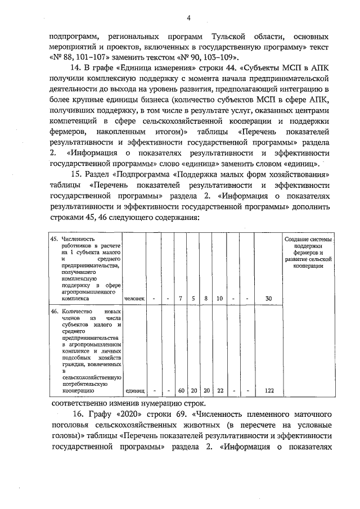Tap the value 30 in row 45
tap(269, 298)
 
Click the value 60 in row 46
tap(181, 390)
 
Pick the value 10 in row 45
tap(219, 298)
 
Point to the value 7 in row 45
tap(181, 298)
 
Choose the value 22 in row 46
tap(219, 390)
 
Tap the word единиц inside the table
tap(135, 390)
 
